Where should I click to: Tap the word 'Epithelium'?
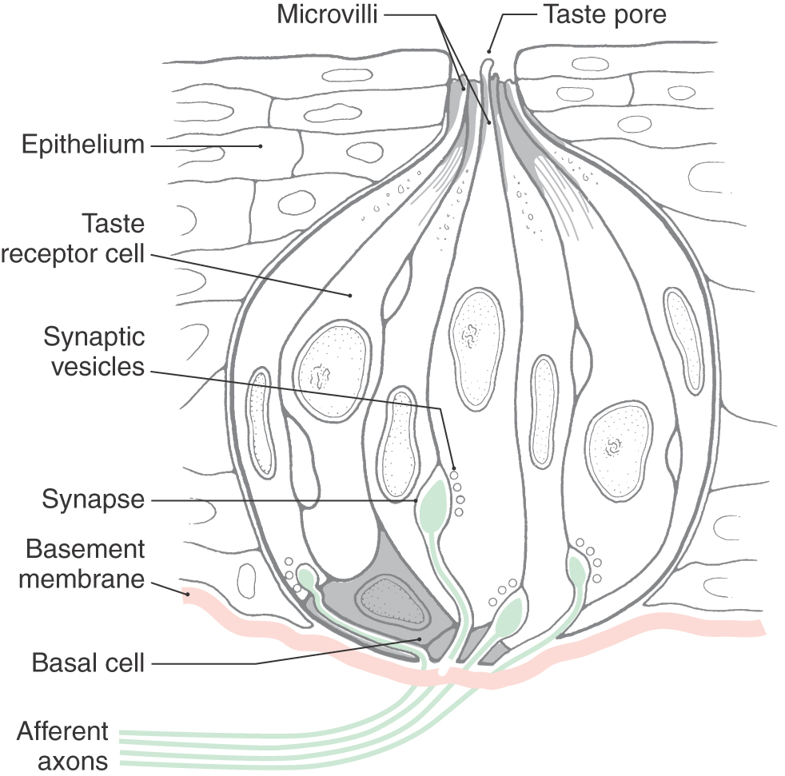point(83,145)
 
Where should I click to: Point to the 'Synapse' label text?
point(93,501)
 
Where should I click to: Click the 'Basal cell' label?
point(88,663)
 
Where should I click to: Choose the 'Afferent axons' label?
point(62,746)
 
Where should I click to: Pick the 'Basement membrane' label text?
point(82,563)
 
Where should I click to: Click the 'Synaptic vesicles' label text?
point(94,352)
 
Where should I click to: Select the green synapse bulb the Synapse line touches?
point(433,507)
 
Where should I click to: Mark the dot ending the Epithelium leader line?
point(260,146)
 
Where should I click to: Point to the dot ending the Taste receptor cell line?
point(349,295)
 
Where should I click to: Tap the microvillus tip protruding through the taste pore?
point(488,62)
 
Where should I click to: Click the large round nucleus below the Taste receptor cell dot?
point(333,370)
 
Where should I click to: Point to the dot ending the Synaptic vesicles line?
point(454,468)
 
